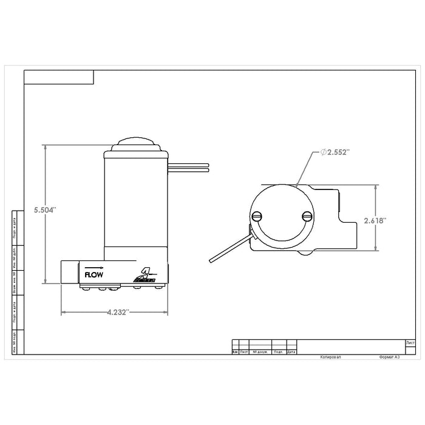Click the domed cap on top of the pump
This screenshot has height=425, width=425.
point(137,144)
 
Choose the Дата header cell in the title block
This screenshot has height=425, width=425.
point(291,352)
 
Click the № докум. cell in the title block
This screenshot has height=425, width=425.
point(260,352)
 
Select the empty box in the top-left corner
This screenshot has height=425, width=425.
point(59,76)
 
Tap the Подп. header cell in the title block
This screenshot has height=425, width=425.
point(279,352)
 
